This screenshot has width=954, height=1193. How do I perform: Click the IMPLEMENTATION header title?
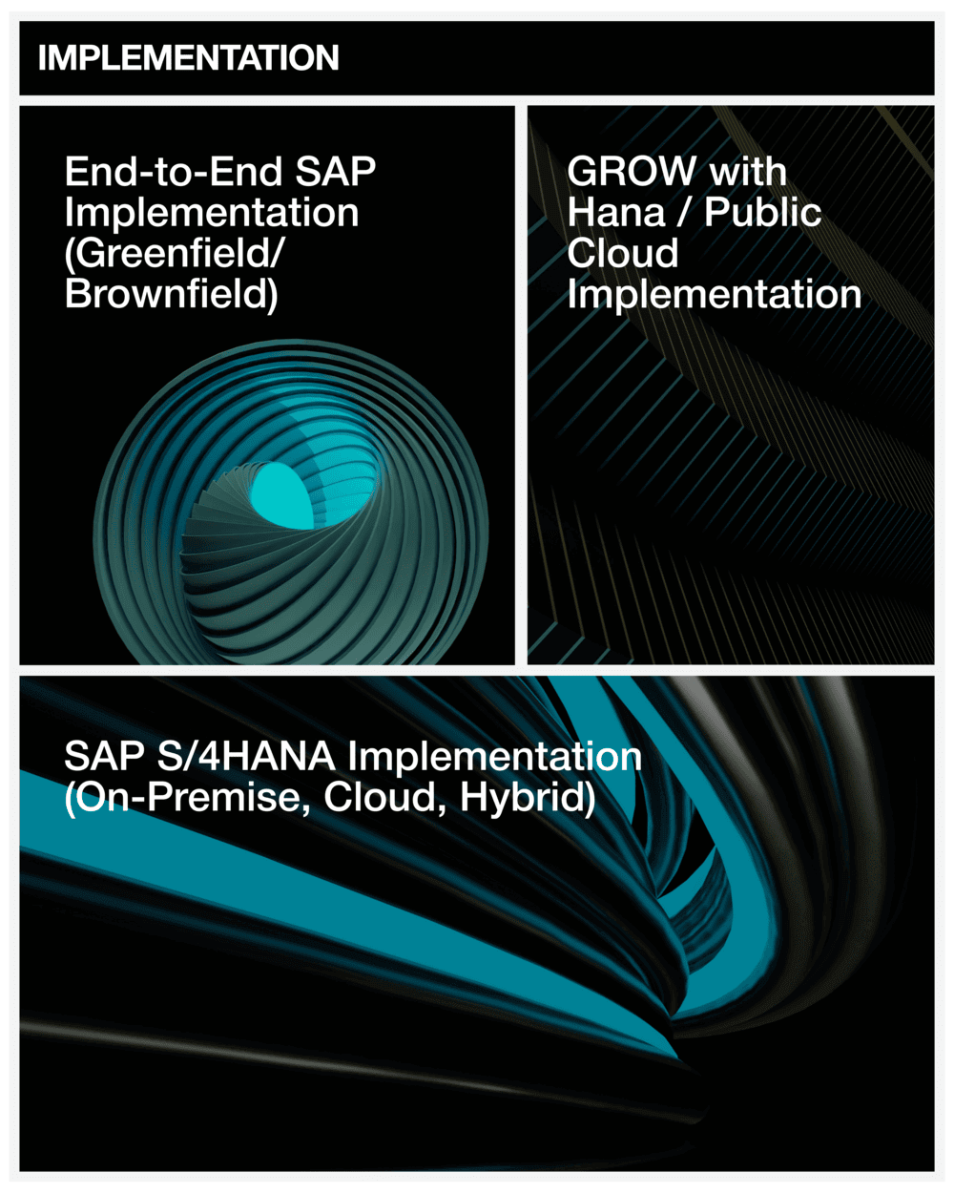(x=189, y=57)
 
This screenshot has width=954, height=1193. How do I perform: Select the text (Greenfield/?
(x=174, y=254)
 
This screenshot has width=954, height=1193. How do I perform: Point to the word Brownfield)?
(x=172, y=294)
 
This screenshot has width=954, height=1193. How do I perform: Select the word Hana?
(x=616, y=212)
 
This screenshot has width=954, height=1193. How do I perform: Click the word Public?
(x=763, y=212)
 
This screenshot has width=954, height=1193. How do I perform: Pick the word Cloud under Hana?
(x=623, y=253)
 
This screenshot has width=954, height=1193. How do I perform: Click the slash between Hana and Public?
(x=685, y=212)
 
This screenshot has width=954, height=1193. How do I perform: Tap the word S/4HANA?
(x=246, y=756)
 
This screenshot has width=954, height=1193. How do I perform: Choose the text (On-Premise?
(x=187, y=798)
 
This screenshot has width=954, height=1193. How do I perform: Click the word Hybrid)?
(x=528, y=798)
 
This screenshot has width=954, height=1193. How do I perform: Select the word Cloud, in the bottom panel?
(x=384, y=798)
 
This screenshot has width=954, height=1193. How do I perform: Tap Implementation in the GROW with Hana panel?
(x=714, y=294)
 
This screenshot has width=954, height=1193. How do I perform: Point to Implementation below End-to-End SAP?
(x=212, y=214)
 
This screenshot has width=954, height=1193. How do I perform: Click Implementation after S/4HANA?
(x=495, y=757)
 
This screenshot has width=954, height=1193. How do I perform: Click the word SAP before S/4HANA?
(x=105, y=756)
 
